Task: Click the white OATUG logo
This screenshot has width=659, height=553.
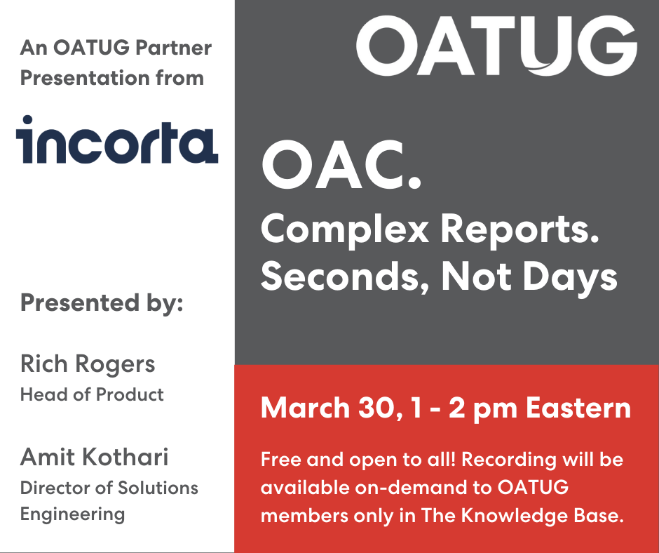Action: click(x=496, y=46)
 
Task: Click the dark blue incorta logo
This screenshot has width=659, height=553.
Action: click(x=117, y=139)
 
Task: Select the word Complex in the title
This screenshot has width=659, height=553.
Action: click(x=345, y=231)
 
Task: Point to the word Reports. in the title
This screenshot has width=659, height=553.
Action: click(x=519, y=231)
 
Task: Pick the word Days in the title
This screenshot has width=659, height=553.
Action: click(x=570, y=278)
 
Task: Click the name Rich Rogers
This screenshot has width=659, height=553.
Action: click(x=88, y=364)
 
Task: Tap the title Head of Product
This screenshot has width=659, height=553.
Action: click(x=92, y=395)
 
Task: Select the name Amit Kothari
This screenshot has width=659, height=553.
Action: click(x=95, y=457)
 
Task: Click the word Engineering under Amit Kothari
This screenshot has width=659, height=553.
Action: click(x=73, y=514)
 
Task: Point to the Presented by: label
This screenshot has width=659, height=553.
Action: click(x=102, y=303)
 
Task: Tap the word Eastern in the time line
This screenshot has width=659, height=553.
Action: click(x=578, y=408)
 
